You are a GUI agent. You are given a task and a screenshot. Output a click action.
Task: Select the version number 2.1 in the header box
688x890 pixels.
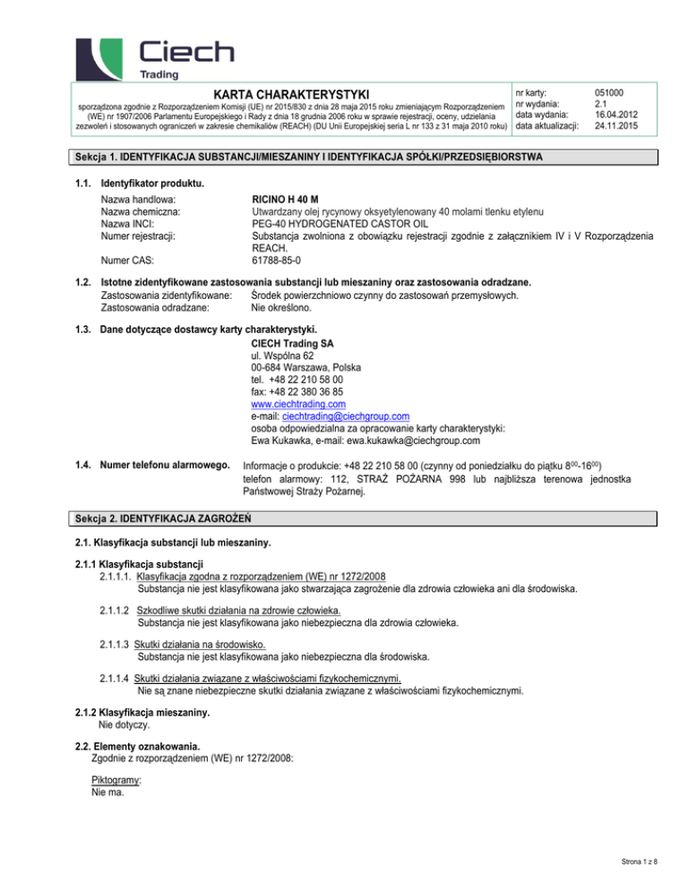pos(602,102)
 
